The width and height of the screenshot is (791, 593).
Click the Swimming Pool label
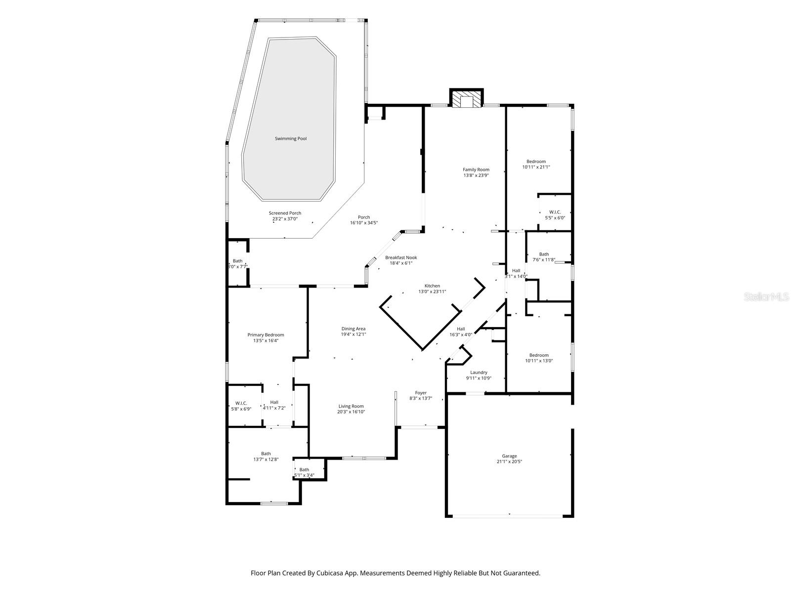coord(291,139)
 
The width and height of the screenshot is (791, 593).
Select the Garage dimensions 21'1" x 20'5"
coord(509,462)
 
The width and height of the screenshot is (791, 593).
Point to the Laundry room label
coord(479,373)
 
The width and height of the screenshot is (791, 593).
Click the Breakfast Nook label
coord(401,257)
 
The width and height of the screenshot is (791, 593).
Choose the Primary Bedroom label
coord(265,335)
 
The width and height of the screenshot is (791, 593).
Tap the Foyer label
coord(421,393)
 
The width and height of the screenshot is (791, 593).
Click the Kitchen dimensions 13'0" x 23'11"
coord(432,292)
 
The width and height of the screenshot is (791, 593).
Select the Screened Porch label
coord(285,213)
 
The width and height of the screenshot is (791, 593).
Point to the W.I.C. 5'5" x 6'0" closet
coord(555,214)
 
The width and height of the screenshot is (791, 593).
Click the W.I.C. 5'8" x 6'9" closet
coord(241,406)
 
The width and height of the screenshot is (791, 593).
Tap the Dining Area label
coord(353,329)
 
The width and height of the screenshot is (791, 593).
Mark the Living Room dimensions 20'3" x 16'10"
coord(351,412)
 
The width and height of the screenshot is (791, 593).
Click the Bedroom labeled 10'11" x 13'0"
coord(539,358)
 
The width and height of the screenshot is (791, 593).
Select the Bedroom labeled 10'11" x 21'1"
coord(536,164)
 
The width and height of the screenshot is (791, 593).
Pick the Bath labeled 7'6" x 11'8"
coord(544,257)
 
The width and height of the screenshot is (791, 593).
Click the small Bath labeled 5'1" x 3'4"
coord(304,472)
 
